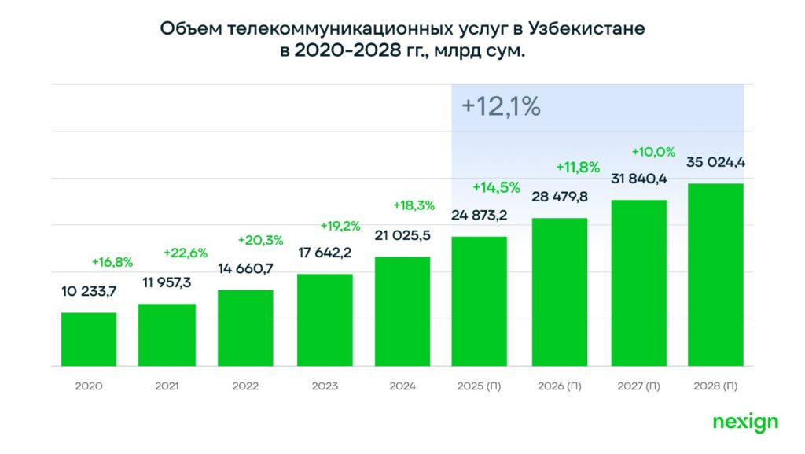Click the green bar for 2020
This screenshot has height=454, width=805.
89,339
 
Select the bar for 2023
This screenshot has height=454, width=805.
325,319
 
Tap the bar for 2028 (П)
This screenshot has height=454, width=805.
715,275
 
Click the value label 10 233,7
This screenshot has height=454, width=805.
89,292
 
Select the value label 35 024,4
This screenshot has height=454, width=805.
715,163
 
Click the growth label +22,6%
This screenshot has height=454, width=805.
185,253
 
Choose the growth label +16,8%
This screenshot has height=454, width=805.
112,262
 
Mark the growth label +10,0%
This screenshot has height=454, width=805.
653,151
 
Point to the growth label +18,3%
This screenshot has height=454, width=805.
414,205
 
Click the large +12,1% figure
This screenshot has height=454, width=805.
501,106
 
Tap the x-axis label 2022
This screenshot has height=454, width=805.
245,386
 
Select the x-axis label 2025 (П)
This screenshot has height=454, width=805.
480,386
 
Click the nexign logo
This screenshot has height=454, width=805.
745,423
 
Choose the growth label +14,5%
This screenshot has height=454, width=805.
496,187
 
